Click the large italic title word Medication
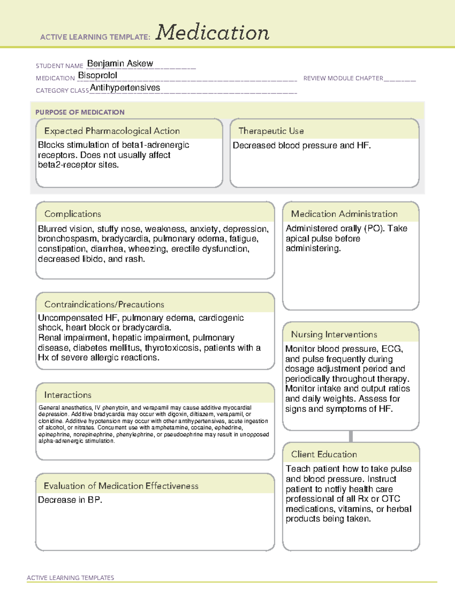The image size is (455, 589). click(212, 33)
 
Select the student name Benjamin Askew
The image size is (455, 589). click(120, 63)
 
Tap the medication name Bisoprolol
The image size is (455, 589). click(97, 75)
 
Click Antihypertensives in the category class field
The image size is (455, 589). click(125, 88)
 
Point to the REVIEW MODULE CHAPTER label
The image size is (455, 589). click(343, 78)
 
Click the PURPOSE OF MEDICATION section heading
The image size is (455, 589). click(80, 112)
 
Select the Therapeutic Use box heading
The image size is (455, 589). click(271, 131)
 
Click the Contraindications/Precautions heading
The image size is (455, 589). click(104, 305)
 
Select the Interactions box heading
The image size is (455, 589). click(67, 395)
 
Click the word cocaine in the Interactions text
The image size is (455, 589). click(201, 427)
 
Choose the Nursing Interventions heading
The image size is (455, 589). click(334, 335)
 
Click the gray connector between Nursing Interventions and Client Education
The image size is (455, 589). click(351, 436)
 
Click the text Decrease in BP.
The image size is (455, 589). click(70, 500)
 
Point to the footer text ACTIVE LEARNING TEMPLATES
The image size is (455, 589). click(70, 578)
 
